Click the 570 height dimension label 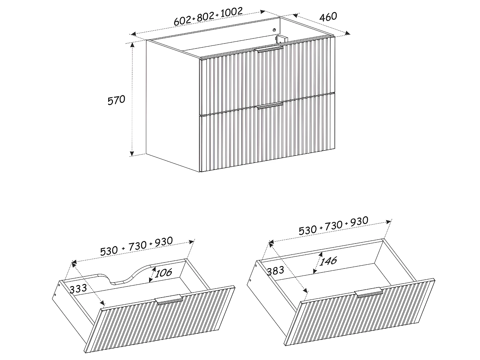tap(116, 100)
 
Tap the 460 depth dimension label tap(328, 17)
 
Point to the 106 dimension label tap(164, 273)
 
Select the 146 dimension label tap(328, 261)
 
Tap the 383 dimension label tap(275, 271)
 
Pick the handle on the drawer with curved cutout tap(168, 299)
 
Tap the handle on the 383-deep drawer tap(368, 293)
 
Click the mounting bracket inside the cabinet tap(281, 39)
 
